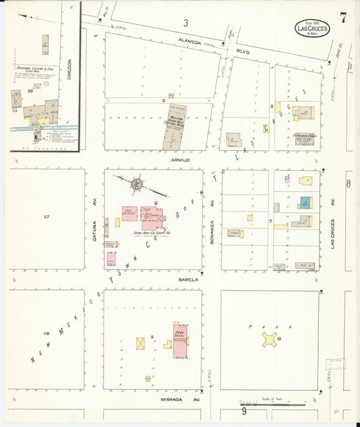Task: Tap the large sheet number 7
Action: point(344,18)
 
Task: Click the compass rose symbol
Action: point(135,182)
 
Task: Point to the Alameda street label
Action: point(190,41)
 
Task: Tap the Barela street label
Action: point(188,278)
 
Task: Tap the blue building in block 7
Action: point(305,202)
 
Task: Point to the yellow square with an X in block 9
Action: point(140,343)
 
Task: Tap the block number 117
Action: point(47,217)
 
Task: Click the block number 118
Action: point(46,334)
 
